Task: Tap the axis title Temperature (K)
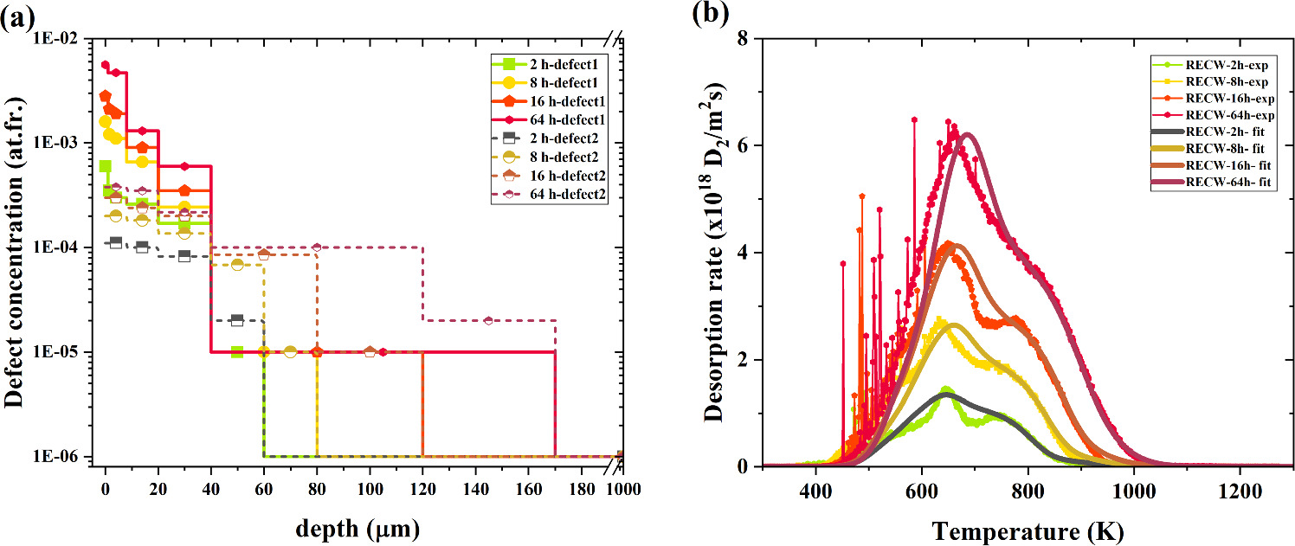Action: point(1028,525)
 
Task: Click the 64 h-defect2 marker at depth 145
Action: point(488,321)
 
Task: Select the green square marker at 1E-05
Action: point(237,351)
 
